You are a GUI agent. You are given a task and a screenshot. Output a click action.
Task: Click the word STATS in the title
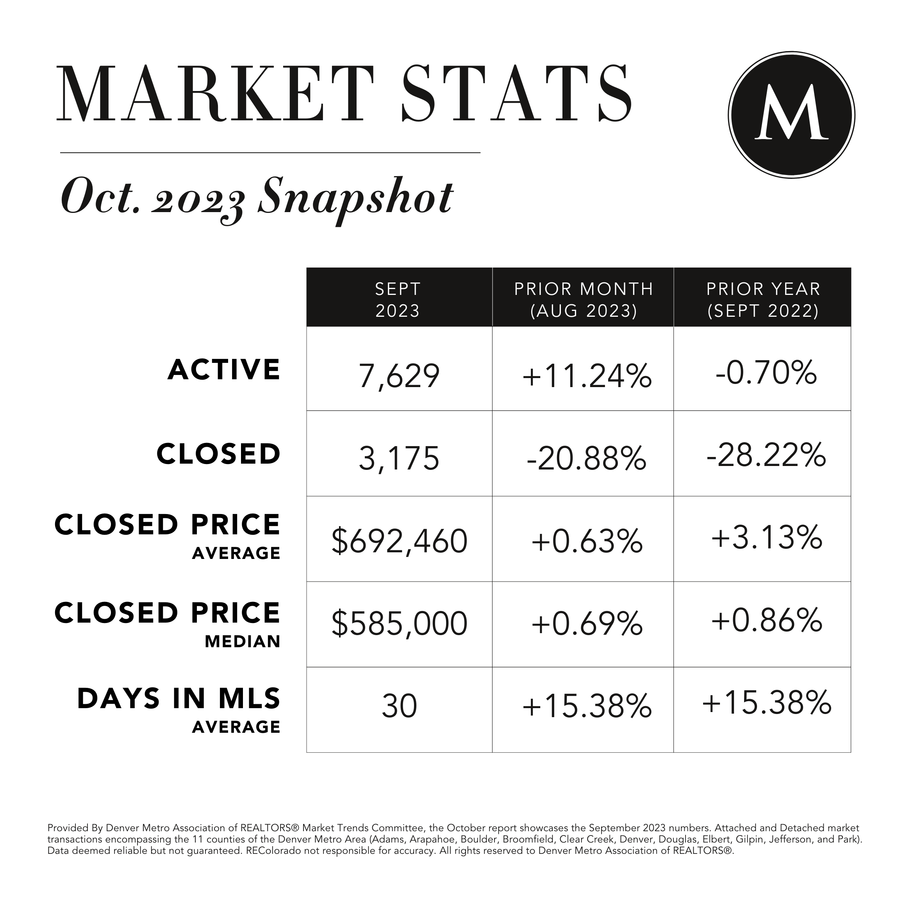[x=516, y=94]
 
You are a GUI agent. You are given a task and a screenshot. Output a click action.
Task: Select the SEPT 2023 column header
[x=398, y=300]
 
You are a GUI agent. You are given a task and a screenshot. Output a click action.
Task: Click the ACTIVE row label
[x=224, y=370]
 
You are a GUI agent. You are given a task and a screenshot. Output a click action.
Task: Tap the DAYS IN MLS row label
[x=179, y=699]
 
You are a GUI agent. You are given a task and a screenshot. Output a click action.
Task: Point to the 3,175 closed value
[x=399, y=459]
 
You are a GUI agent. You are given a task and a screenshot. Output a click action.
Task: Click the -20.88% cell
[x=587, y=459]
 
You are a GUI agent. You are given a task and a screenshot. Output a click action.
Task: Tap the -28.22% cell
[x=766, y=455]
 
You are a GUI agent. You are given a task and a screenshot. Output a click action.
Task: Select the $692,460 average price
[x=399, y=542]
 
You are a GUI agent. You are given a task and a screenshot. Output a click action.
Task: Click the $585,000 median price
[x=399, y=623]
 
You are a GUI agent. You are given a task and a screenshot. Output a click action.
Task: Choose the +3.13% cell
[x=766, y=538]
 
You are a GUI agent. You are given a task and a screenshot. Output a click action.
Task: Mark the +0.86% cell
[x=766, y=620]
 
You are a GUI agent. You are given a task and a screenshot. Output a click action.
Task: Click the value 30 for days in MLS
[x=399, y=706]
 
